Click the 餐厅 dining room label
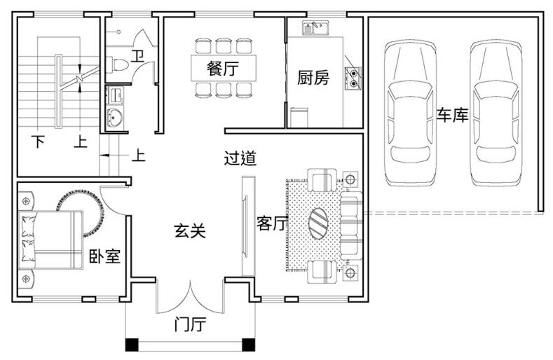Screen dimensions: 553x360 click(223, 68)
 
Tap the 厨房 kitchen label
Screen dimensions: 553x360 click(313, 78)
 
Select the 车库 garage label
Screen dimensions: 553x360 click(453, 115)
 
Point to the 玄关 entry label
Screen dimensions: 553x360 click(190, 231)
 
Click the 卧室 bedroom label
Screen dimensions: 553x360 click(104, 256)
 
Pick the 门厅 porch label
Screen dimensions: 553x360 click(190, 324)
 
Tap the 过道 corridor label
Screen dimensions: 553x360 click(240, 158)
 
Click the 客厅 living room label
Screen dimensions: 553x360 click(271, 223)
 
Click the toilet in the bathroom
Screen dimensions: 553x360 click(117, 65)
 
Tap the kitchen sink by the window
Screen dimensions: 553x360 click(315, 28)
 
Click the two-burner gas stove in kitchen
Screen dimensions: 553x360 click(353, 78)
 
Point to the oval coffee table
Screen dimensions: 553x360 click(318, 223)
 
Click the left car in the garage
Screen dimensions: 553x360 click(410, 113)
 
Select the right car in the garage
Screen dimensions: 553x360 click(496, 113)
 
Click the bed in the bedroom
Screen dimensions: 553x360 click(51, 240)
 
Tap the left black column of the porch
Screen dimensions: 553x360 click(132, 345)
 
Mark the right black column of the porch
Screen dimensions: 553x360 click(249, 345)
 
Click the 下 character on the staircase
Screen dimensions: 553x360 click(38, 141)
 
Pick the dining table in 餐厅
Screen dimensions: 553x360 click(224, 68)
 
